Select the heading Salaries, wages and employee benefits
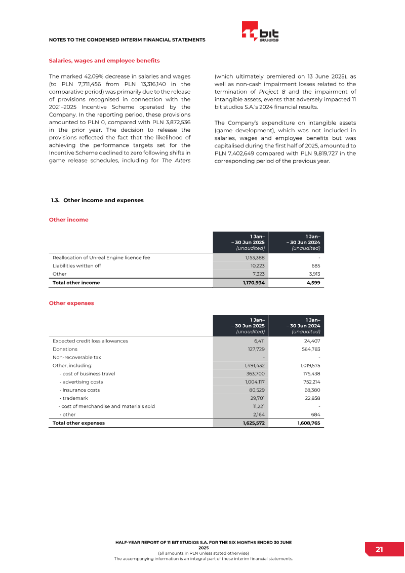tap(104, 61)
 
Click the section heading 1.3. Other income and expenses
tap(97, 200)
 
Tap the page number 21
tap(379, 550)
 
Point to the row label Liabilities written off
tap(76, 265)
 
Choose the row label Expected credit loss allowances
tap(90, 341)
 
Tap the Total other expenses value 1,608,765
tap(309, 423)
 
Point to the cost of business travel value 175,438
tap(310, 373)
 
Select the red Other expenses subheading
tap(71, 303)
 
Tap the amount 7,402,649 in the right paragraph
tap(242, 153)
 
